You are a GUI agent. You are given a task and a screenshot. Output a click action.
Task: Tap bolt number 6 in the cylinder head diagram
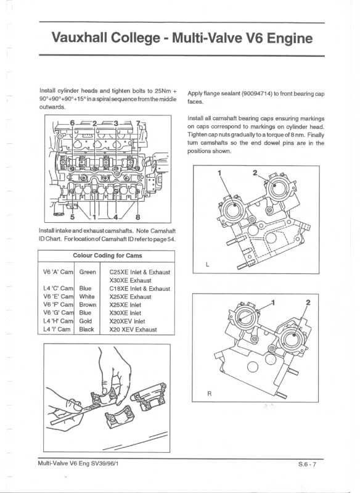72,123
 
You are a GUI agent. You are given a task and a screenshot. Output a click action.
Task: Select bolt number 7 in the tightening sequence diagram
138,123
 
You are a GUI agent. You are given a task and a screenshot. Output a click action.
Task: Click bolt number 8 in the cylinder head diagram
137,217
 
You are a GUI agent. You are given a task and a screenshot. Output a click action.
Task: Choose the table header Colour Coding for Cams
107,255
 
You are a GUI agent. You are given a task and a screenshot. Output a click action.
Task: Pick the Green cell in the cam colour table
88,271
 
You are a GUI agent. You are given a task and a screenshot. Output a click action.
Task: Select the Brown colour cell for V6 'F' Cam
88,304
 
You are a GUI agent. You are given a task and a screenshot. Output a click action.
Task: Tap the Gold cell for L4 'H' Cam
86,321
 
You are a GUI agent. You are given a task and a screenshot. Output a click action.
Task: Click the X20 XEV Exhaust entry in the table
133,329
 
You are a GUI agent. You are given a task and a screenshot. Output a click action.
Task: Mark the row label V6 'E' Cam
58,296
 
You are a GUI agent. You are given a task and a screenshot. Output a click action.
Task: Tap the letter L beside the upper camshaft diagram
208,264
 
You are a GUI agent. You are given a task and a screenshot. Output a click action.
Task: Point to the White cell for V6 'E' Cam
87,296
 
